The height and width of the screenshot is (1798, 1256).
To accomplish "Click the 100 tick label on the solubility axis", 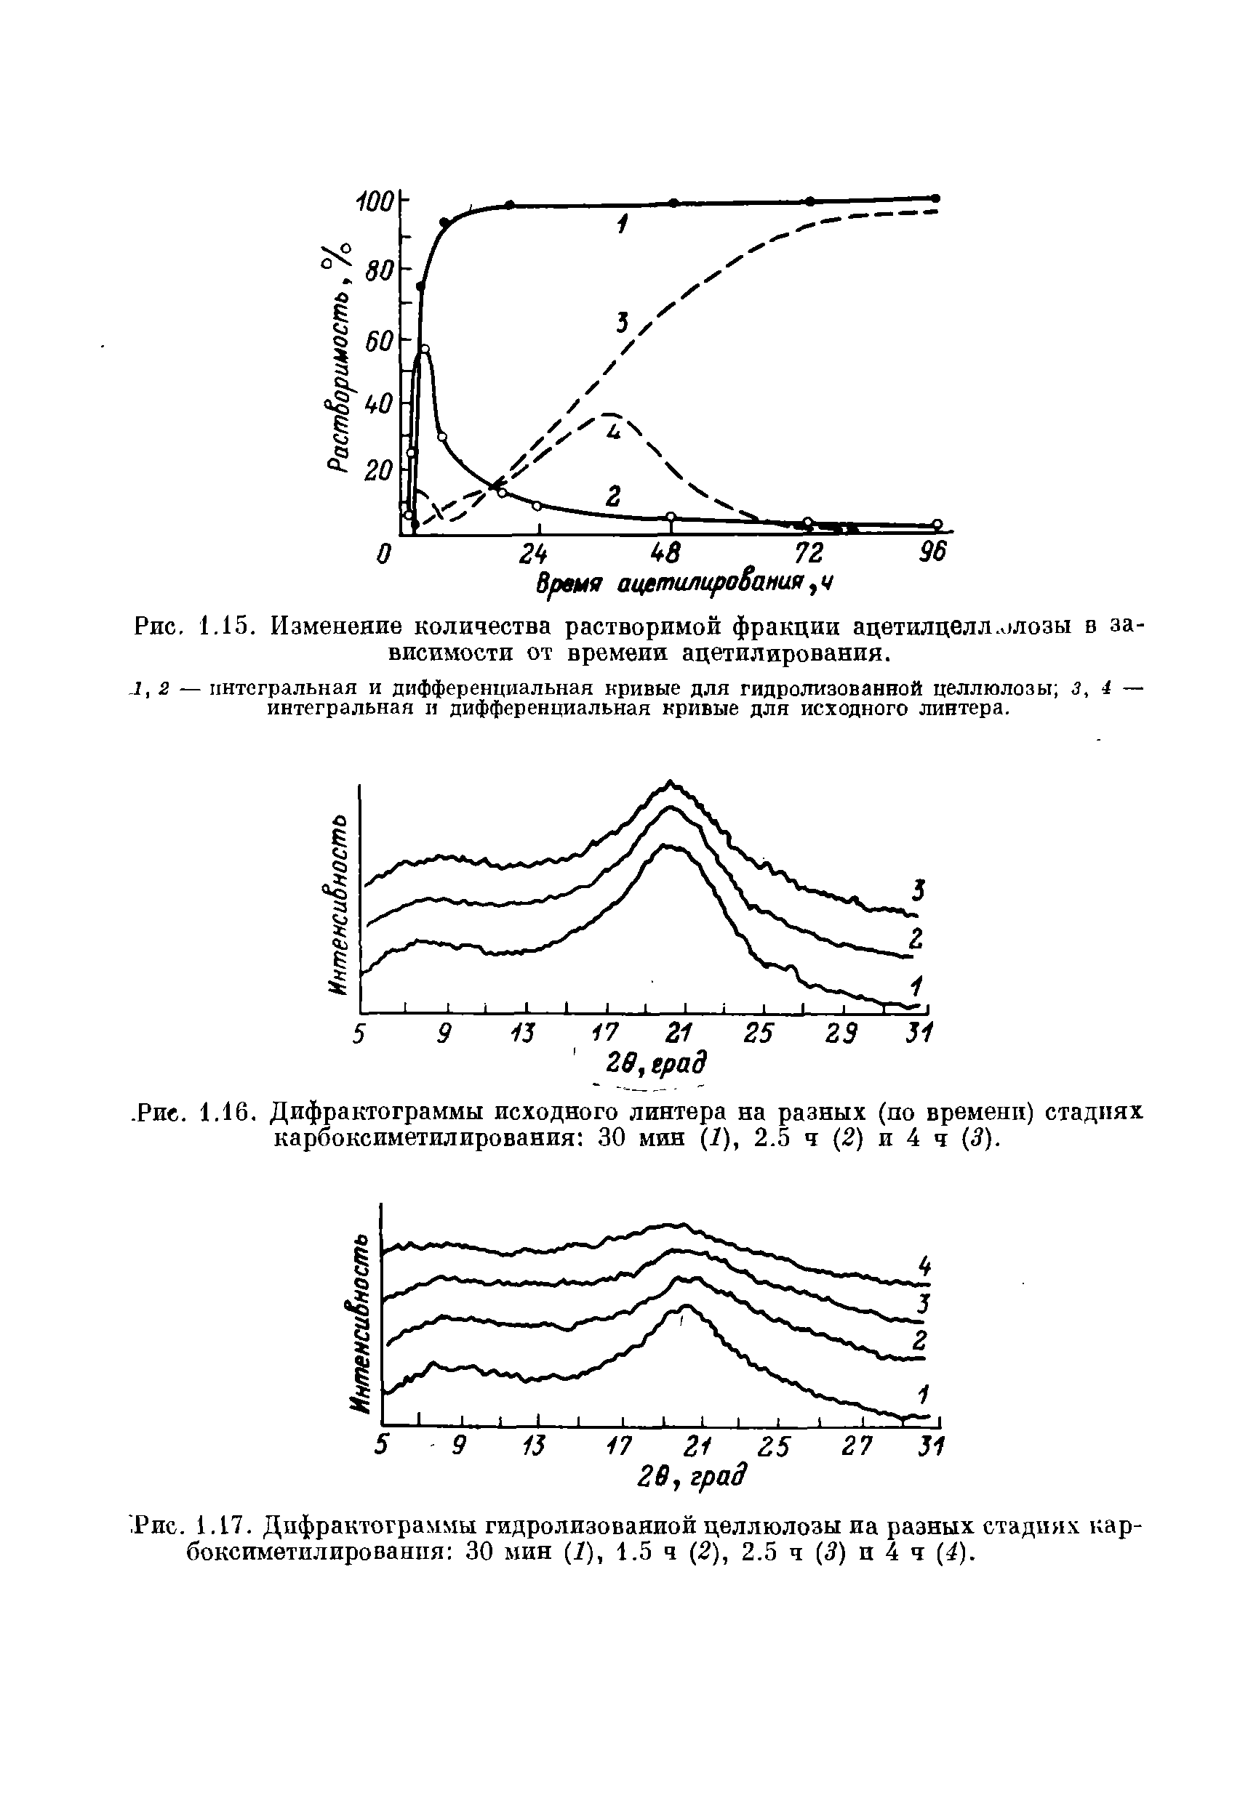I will click(373, 202).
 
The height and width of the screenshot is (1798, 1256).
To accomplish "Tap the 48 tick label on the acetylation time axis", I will click(670, 554).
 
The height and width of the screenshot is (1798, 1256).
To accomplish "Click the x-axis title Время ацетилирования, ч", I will click(682, 584).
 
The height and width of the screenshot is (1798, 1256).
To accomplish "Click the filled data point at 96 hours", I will click(935, 198).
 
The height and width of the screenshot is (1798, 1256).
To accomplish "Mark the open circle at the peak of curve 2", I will click(425, 348).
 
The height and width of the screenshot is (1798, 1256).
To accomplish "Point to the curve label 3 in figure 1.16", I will click(919, 890).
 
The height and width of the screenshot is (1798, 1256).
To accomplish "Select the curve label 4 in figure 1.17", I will click(924, 1266).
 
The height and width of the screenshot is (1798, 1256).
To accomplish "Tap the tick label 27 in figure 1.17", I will click(857, 1446).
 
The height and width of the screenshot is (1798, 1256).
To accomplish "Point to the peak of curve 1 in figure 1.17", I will click(687, 1305).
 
